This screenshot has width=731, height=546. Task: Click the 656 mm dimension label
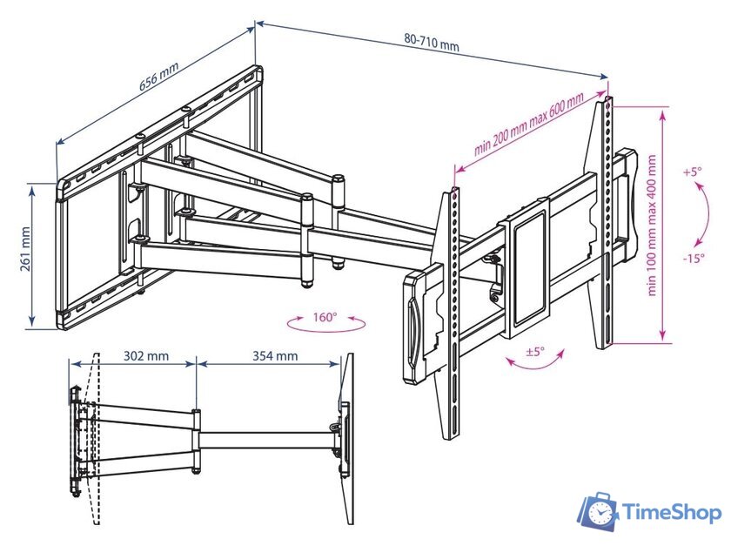click(x=159, y=76)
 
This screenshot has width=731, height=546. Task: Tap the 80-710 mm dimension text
click(x=432, y=43)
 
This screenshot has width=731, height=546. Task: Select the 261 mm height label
click(x=24, y=249)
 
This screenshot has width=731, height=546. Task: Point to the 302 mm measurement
click(x=146, y=356)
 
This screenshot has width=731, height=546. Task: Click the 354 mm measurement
click(x=275, y=356)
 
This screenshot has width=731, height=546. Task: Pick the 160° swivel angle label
click(x=325, y=317)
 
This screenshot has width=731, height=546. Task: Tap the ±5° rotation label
click(x=535, y=352)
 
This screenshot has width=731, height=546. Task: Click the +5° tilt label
click(x=693, y=172)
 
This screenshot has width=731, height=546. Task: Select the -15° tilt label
click(x=694, y=258)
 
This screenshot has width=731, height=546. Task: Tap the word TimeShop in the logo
click(x=672, y=513)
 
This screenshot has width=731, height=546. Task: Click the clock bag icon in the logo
click(x=599, y=512)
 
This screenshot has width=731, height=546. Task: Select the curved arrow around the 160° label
click(x=325, y=325)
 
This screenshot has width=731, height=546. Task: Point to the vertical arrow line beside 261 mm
click(x=31, y=254)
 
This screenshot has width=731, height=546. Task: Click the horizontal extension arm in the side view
click(x=266, y=440)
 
